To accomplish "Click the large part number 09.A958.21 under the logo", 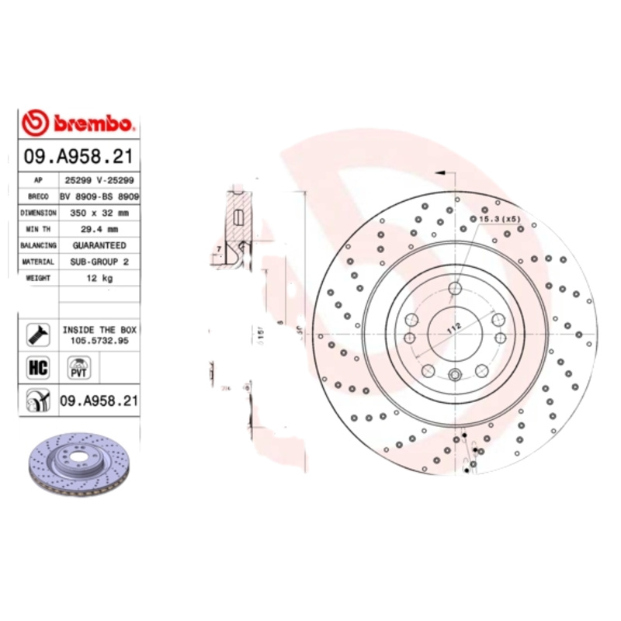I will click(78, 157).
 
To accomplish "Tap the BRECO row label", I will click(39, 197).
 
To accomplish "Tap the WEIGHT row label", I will click(39, 278).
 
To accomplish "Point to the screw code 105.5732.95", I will click(99, 340).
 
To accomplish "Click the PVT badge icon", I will click(78, 367).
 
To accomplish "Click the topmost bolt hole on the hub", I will click(456, 290).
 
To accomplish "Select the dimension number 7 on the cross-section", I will click(220, 248).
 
